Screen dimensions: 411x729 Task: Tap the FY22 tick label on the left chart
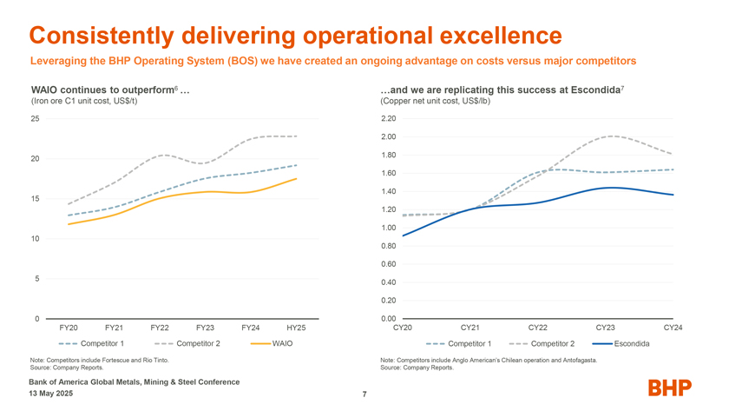click(x=159, y=328)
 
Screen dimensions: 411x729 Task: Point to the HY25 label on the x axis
click(x=296, y=328)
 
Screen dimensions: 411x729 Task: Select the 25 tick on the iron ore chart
click(x=36, y=118)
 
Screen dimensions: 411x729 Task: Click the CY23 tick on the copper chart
click(x=606, y=328)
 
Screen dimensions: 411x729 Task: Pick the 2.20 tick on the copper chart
click(x=388, y=119)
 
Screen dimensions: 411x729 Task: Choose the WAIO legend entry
click(x=281, y=344)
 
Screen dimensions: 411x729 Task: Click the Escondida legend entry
click(x=632, y=344)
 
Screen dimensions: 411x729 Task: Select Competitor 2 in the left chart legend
click(x=198, y=344)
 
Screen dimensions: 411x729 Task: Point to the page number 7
click(x=364, y=396)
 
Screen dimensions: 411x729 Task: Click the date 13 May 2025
click(x=51, y=394)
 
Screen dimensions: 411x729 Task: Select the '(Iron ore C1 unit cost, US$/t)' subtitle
click(x=84, y=101)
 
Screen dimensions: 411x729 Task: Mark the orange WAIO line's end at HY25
click(x=297, y=179)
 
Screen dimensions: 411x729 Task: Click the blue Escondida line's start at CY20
click(x=404, y=235)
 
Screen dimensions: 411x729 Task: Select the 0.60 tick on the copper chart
click(x=388, y=264)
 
